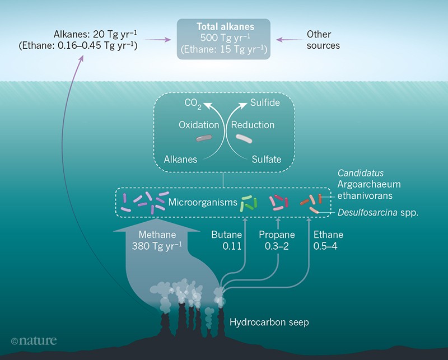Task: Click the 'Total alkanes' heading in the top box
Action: click(x=223, y=26)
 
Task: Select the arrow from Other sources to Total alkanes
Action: click(x=288, y=40)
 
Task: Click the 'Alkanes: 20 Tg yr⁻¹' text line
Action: click(x=92, y=34)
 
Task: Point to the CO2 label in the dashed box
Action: click(x=193, y=104)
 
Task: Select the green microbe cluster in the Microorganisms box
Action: click(x=249, y=202)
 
